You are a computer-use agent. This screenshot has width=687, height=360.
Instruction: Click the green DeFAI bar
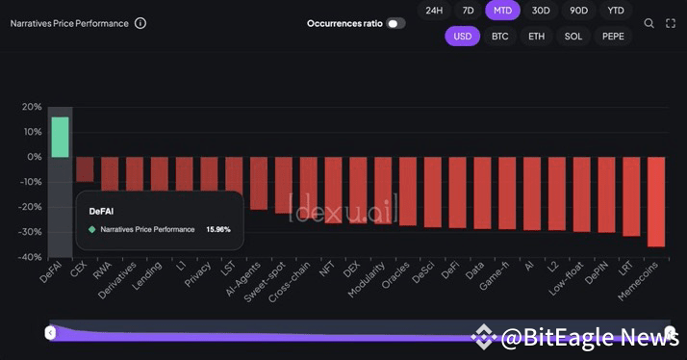[60, 137]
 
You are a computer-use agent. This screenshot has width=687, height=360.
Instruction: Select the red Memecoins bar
[656, 201]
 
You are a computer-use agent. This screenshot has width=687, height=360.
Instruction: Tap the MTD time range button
[501, 11]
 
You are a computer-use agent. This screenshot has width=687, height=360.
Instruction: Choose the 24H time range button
[434, 11]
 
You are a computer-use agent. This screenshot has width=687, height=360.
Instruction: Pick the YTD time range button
[615, 11]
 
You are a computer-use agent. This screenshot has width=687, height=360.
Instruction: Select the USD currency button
[463, 36]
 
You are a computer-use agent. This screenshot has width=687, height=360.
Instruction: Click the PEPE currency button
[613, 36]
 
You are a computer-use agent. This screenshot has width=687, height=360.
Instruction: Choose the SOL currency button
[573, 36]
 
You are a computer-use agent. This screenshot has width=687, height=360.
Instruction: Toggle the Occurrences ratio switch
[394, 23]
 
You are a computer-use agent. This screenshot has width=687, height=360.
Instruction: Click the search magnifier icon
[649, 23]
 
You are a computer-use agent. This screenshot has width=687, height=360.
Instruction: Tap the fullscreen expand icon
[671, 23]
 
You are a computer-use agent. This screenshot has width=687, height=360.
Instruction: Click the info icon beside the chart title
[140, 23]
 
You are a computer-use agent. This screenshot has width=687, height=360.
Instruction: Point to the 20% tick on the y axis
[32, 107]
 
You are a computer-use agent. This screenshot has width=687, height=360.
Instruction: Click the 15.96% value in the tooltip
[218, 229]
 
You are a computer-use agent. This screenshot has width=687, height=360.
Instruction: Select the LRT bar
[631, 196]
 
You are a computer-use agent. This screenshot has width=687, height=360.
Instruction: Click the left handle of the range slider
[51, 333]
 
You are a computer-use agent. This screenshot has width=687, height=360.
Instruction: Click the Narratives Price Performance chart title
[69, 23]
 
